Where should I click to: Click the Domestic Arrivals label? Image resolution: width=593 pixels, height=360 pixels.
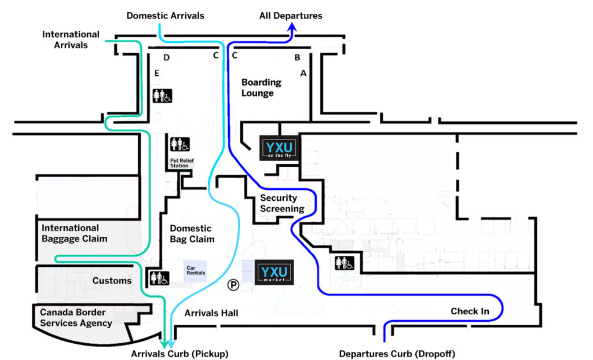[165, 16]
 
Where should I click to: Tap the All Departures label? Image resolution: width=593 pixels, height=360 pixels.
[290, 16]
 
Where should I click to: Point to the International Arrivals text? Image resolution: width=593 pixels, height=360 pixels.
[71, 39]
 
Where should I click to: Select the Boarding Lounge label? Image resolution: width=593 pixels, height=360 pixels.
[261, 87]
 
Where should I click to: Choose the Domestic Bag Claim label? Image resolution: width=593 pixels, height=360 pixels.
[192, 234]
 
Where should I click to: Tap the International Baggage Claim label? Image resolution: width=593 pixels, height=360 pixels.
[74, 233]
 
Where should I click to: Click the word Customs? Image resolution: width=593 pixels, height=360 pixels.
[112, 281]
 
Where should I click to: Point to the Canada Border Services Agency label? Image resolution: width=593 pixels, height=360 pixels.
[75, 317]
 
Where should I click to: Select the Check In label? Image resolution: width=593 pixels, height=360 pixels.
[470, 311]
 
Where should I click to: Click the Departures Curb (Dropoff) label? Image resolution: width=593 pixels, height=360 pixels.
[401, 353]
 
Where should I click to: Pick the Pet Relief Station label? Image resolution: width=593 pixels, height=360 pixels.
[179, 163]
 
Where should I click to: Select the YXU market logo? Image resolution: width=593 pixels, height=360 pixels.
[274, 273]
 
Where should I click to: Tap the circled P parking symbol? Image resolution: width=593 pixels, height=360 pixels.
[233, 284]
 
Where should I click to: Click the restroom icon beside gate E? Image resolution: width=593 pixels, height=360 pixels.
[162, 95]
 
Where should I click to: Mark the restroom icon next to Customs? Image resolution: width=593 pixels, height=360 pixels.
[159, 278]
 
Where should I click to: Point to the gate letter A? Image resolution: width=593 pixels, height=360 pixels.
[303, 74]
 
